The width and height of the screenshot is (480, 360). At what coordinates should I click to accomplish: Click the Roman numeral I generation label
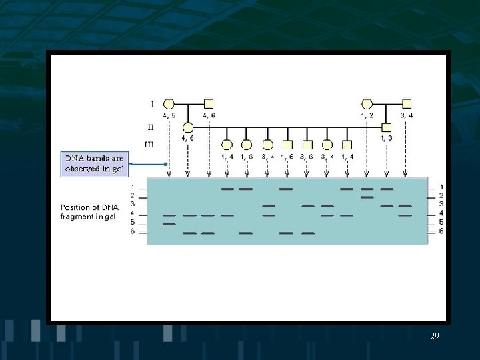[152, 104]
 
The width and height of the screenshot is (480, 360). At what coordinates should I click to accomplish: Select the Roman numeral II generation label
[151, 125]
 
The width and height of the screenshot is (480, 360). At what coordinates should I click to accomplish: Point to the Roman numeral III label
[149, 144]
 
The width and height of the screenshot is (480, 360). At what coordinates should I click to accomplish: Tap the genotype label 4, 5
[169, 115]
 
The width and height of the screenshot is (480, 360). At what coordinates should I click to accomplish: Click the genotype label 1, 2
[367, 115]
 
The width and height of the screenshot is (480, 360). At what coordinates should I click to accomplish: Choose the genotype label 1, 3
[387, 138]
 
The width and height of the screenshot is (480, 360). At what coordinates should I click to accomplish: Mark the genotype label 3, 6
[307, 156]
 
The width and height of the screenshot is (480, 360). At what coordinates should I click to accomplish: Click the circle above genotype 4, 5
[169, 103]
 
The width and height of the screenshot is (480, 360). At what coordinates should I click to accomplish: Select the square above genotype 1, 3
[387, 127]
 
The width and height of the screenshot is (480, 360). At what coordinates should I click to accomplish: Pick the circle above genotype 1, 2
[367, 103]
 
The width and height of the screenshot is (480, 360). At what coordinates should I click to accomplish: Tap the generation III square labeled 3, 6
[307, 144]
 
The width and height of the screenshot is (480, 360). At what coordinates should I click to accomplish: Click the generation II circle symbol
[188, 127]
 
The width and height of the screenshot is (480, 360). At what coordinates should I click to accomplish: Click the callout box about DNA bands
[93, 163]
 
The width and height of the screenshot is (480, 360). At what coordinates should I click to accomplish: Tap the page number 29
[435, 337]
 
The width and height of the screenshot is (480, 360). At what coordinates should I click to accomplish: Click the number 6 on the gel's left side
[133, 231]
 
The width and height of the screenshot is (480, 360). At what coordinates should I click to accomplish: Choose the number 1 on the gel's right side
[441, 187]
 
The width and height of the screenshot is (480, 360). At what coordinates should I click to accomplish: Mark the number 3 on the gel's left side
[133, 204]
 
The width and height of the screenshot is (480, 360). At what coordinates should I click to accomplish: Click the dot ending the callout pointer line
[165, 164]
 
